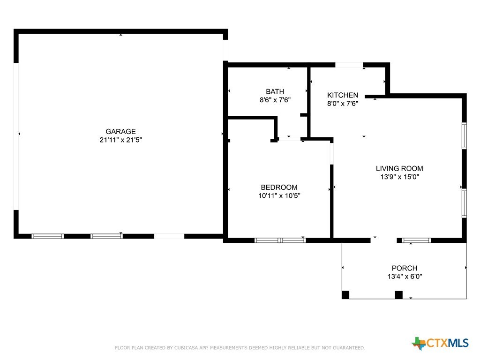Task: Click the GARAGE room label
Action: pos(120,132)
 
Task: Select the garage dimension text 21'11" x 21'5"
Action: pos(120,140)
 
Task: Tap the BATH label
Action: pos(275,91)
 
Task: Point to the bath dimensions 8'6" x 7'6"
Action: pos(275,100)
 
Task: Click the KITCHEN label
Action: pos(343,95)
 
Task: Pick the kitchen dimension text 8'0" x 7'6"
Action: pos(343,104)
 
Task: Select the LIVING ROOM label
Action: pos(399,168)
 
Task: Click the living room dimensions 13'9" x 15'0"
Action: pos(399,177)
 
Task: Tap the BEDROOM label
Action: pos(279,187)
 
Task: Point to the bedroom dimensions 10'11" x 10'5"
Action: pos(279,196)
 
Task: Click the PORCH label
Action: pos(404,268)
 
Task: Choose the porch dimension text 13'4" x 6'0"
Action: pos(404,277)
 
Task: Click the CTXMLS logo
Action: pos(440,343)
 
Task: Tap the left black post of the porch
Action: pos(345,295)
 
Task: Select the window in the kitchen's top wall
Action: pos(349,65)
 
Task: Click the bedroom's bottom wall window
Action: pos(280,240)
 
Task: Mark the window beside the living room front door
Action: pos(416,240)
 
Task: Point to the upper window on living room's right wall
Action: pos(464,136)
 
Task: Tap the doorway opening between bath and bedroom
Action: pos(289,139)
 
